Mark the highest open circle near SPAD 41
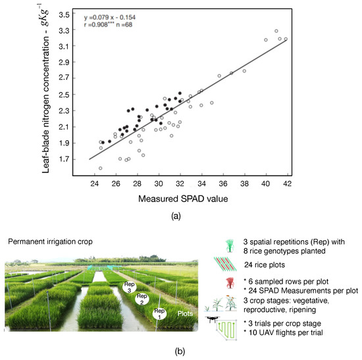pyautogui.click(x=276, y=31)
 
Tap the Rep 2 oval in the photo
pyautogui.click(x=142, y=299)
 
